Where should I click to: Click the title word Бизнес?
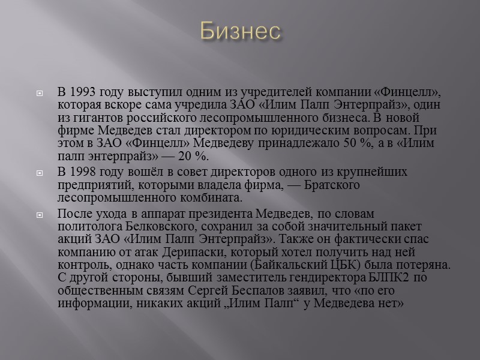(x=240, y=32)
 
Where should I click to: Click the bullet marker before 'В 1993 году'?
(x=40, y=94)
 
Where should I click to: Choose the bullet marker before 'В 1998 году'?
(x=40, y=173)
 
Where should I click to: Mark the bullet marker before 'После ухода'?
(x=40, y=214)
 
